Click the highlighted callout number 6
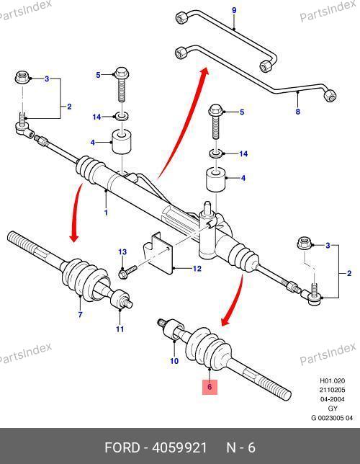click(210, 387)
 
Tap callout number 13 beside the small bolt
click(122, 252)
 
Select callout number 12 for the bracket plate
click(197, 269)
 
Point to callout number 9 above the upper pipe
click(234, 10)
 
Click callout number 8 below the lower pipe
click(298, 112)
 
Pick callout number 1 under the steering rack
click(106, 213)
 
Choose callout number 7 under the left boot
click(80, 314)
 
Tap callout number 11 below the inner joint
click(120, 329)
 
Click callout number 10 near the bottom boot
click(174, 361)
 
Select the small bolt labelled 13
click(127, 272)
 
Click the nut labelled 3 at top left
click(22, 78)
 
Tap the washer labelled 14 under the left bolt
click(121, 116)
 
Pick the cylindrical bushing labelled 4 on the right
click(215, 179)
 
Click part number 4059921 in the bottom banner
click(179, 447)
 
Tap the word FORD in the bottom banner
click(122, 447)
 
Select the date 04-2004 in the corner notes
click(333, 399)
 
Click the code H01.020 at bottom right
click(333, 381)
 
